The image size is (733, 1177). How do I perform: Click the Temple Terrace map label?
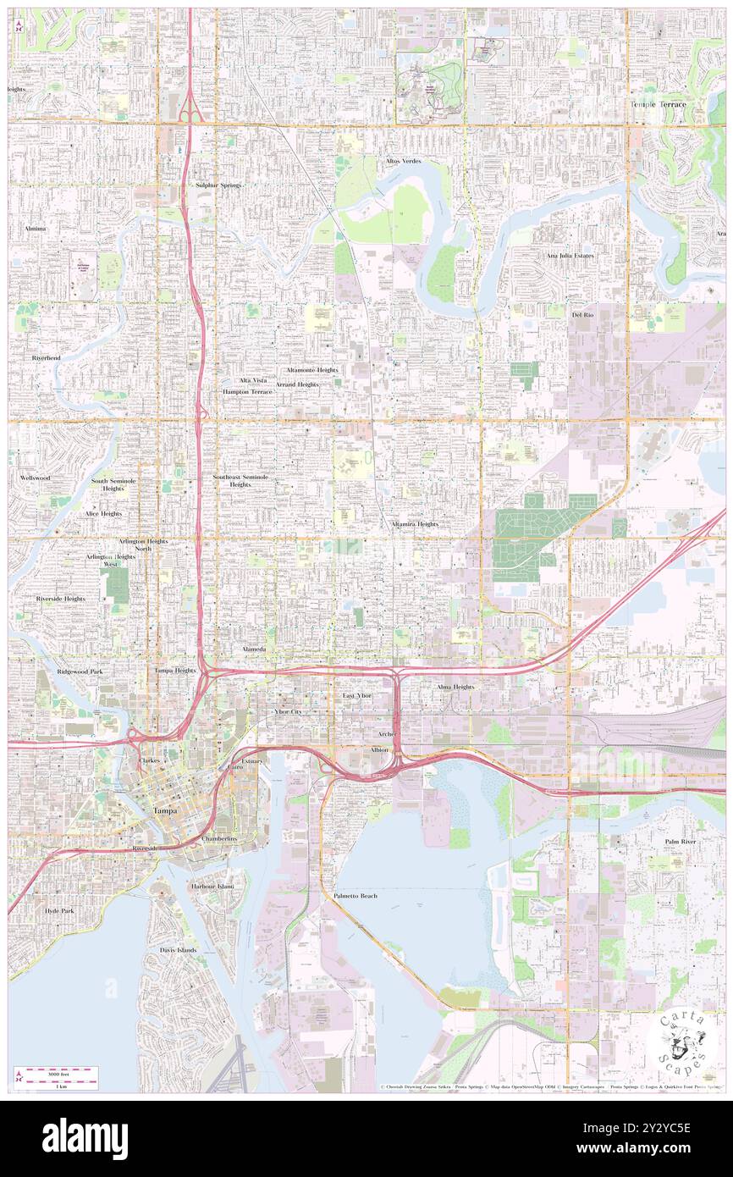click(658, 104)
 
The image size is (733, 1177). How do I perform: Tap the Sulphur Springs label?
click(218, 185)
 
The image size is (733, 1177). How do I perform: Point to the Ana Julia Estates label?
click(570, 255)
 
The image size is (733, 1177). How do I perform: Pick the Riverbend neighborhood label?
click(47, 358)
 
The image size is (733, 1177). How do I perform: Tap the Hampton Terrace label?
click(247, 393)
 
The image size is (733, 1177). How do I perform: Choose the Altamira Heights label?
click(415, 524)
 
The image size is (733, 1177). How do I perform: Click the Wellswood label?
click(35, 478)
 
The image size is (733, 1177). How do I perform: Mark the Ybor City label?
click(288, 712)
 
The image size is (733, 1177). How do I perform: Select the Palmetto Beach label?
click(355, 895)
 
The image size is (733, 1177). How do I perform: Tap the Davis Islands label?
click(178, 950)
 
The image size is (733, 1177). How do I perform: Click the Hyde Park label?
click(59, 910)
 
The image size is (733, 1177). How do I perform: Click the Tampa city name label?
click(164, 810)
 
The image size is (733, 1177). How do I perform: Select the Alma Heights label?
click(455, 687)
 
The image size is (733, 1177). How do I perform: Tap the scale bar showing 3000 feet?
click(58, 1074)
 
